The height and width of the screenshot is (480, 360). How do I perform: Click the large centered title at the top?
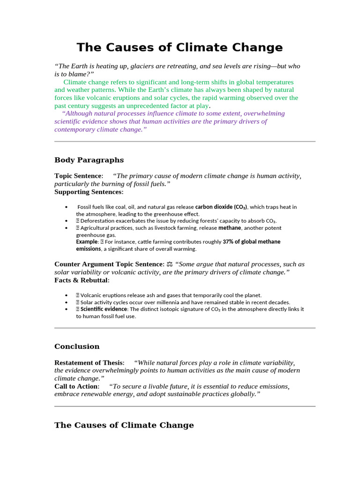pyautogui.click(x=180, y=47)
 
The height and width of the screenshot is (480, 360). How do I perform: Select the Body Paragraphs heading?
pyautogui.click(x=89, y=160)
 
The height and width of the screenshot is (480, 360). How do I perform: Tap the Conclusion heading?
pyautogui.click(x=77, y=346)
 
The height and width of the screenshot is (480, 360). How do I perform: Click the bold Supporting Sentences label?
pyautogui.click(x=89, y=192)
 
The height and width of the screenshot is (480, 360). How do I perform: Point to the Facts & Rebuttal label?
pyautogui.click(x=82, y=280)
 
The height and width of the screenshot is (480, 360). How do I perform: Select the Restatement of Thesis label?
pyautogui.click(x=89, y=363)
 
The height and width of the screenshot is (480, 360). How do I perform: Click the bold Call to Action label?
pyautogui.click(x=76, y=386)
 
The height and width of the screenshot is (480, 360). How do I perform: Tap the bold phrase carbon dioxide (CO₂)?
pyautogui.click(x=221, y=207)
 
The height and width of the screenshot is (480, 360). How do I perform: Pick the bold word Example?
pyautogui.click(x=87, y=242)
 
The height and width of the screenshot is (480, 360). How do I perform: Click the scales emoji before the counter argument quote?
pyautogui.click(x=170, y=264)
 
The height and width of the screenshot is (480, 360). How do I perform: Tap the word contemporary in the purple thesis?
pyautogui.click(x=76, y=129)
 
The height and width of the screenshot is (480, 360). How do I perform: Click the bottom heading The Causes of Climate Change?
pyautogui.click(x=124, y=425)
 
